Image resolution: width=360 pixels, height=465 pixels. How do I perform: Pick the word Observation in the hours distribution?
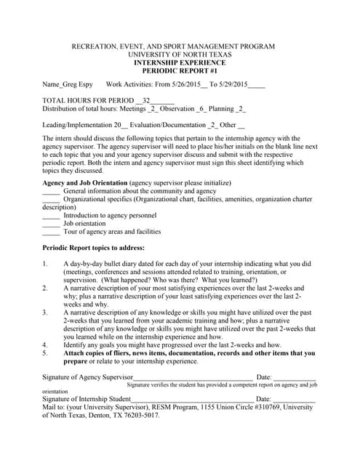(177, 109)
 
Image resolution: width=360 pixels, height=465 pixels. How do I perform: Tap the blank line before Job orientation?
(51, 225)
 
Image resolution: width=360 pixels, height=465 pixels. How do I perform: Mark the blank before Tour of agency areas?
(51, 232)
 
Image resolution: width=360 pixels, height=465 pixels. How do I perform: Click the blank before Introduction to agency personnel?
(51, 217)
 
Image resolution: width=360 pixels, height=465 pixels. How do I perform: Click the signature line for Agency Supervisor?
(193, 378)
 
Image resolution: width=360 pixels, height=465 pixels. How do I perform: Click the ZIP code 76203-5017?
(135, 416)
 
